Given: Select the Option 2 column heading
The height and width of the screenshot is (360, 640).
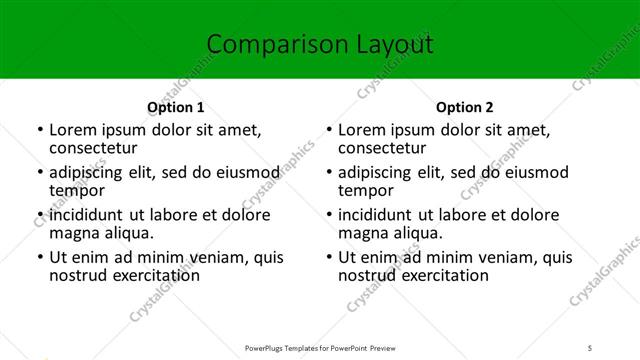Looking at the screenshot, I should pos(465,107).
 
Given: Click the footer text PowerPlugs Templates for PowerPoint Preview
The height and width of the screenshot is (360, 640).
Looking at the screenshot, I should pos(319,348).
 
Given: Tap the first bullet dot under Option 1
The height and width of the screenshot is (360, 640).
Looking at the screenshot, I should pos(39,130).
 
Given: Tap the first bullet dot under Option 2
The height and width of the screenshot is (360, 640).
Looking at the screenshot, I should pos(329,130).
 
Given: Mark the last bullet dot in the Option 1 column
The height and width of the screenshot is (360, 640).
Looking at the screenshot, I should pos(39,258).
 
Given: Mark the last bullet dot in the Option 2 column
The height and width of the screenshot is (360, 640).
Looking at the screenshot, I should pos(329,258).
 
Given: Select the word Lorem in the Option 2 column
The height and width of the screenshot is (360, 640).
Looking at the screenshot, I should pos(362,130).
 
